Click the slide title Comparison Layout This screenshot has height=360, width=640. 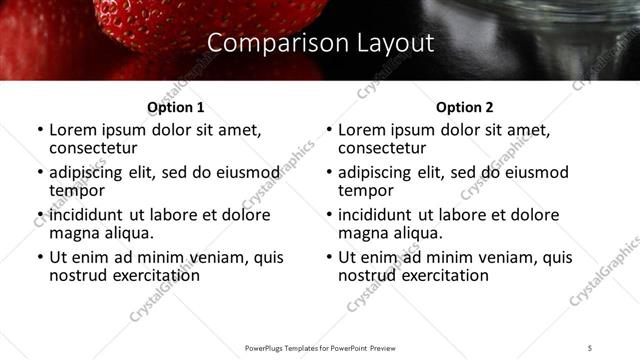tap(320, 44)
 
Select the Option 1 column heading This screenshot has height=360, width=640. tap(175, 107)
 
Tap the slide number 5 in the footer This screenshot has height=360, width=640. tap(591, 348)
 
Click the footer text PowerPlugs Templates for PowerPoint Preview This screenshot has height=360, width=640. tap(320, 348)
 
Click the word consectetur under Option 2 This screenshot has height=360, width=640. tap(381, 149)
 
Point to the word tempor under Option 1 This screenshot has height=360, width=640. tap(77, 191)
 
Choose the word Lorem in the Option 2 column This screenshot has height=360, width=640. tap(362, 131)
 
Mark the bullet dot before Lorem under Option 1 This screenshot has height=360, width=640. tap(39, 131)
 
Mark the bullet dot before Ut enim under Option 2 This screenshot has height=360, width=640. tap(328, 257)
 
